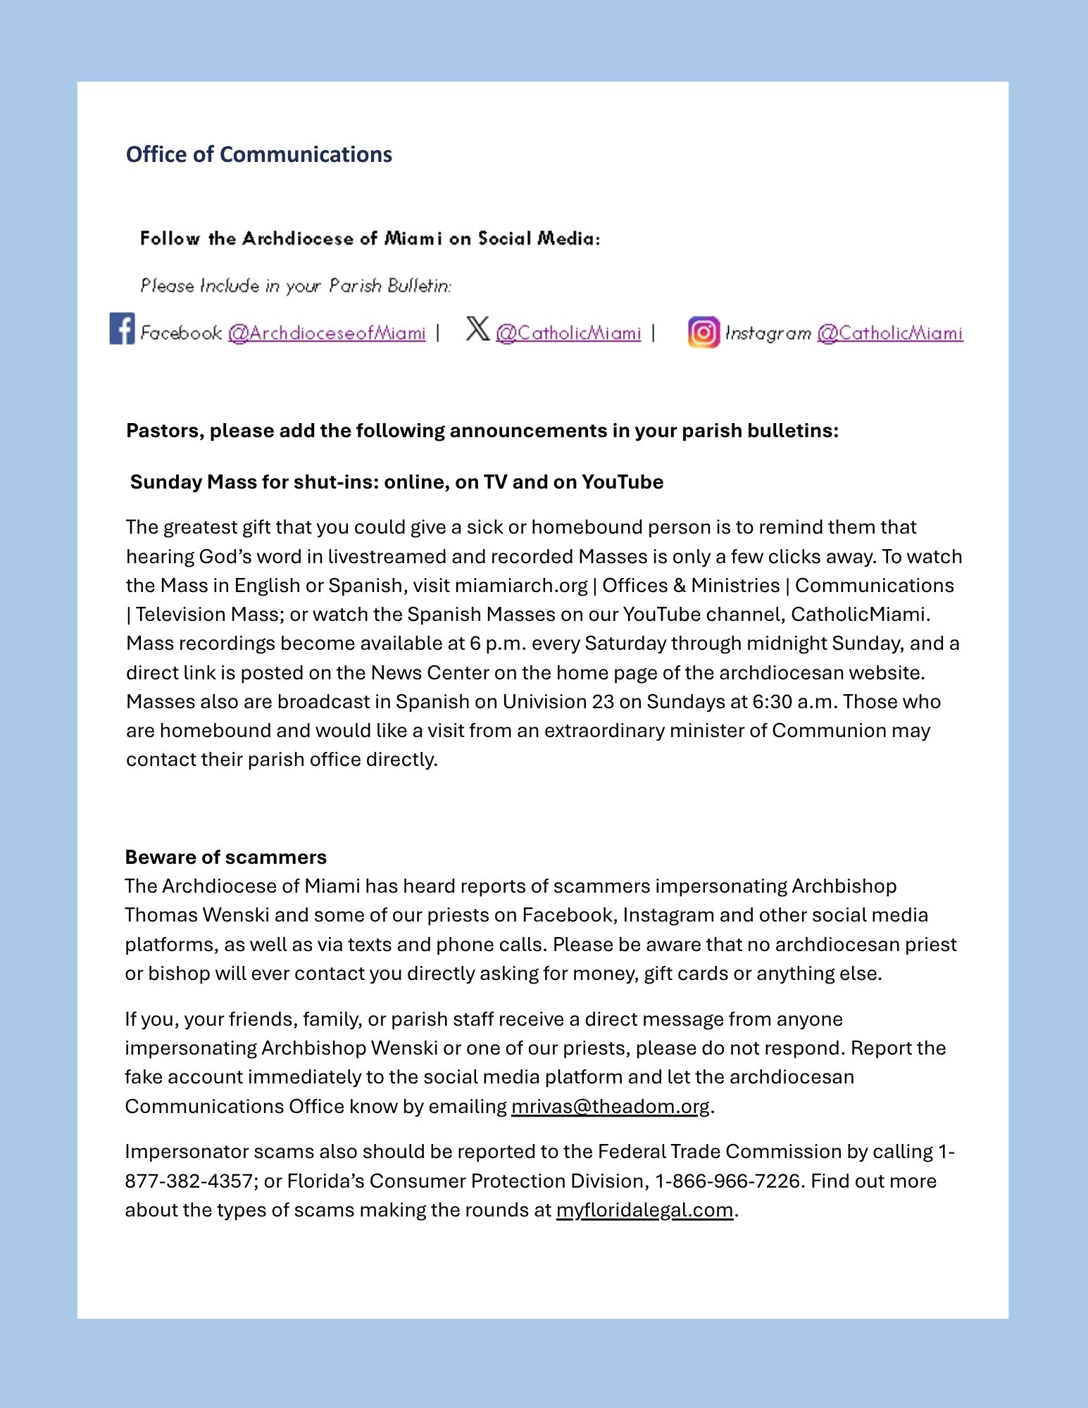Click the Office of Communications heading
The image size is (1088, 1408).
coord(258,154)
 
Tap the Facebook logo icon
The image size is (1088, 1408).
coord(122,329)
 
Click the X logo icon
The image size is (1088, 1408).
coord(477,328)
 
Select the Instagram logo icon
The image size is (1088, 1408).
coord(704,332)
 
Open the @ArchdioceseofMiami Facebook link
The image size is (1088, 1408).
coord(327,333)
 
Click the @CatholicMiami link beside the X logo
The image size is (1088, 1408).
coord(568,333)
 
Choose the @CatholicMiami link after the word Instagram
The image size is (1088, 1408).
coord(889,333)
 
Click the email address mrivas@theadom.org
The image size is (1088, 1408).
coord(610,1106)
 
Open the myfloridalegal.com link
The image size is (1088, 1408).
coord(644,1209)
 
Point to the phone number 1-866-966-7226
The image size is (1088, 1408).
coord(728,1181)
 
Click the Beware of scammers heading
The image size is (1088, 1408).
coord(225,857)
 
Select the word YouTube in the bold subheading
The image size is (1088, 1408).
coord(622,482)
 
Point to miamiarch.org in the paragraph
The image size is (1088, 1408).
coord(520,586)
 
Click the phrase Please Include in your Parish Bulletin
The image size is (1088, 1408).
coord(295,286)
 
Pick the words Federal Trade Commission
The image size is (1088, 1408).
coord(719,1151)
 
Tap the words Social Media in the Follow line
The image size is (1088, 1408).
coord(538,239)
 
